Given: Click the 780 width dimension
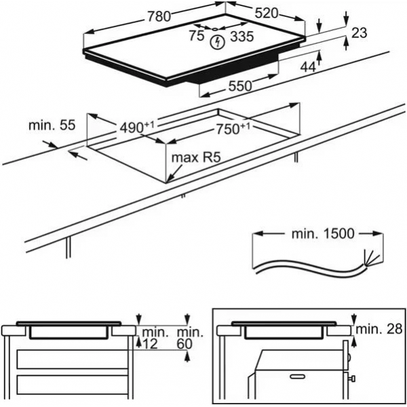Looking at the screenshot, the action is (159, 17).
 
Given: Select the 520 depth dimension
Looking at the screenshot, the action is (266, 14).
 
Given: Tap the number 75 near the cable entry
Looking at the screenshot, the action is (196, 35).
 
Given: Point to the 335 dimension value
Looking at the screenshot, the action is (241, 37).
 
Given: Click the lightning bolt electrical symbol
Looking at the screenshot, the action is (217, 43).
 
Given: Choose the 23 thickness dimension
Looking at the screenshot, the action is (360, 33).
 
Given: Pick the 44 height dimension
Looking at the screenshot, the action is (308, 67).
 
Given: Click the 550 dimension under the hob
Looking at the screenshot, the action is (240, 86).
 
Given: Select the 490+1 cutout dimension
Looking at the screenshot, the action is (137, 127).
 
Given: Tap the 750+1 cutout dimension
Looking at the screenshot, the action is (233, 129).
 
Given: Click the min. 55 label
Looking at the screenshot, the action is (52, 125).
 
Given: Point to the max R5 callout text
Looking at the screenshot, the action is (196, 157).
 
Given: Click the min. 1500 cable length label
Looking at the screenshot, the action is (323, 233).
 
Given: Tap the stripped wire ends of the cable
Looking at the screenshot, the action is (370, 258).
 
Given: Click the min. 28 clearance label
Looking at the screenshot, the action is (379, 330).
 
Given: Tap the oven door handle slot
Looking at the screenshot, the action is (298, 376).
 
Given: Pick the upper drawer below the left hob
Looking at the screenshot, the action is (73, 360).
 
